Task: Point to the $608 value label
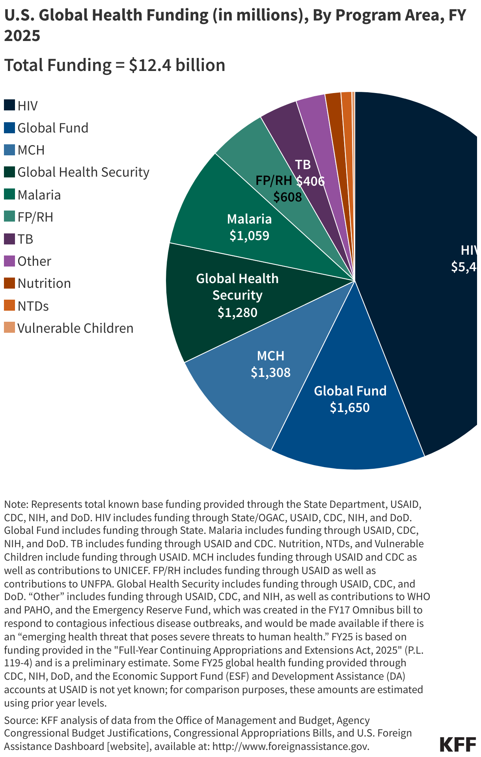click(x=287, y=197)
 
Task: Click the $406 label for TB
click(x=310, y=181)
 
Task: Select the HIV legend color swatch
click(x=9, y=105)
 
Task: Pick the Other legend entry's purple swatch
click(x=9, y=261)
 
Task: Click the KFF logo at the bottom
click(x=457, y=744)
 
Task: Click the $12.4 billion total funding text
click(x=177, y=65)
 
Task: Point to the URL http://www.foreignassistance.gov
click(x=291, y=746)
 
